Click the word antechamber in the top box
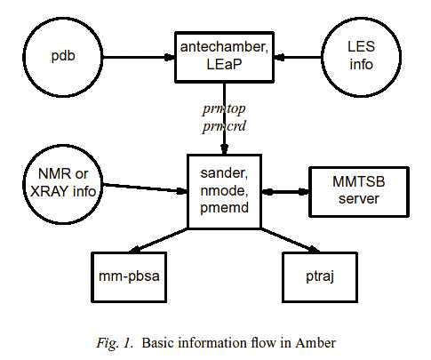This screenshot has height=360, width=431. (224, 47)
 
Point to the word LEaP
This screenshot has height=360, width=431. (224, 64)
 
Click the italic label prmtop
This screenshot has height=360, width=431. (224, 109)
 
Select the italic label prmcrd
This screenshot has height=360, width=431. (224, 126)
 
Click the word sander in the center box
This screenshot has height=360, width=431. (224, 173)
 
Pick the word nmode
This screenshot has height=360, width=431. (224, 190)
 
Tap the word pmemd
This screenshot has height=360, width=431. (224, 207)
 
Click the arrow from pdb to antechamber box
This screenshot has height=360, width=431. (139, 57)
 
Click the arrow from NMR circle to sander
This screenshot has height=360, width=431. (145, 188)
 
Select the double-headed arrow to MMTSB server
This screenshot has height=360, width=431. (285, 192)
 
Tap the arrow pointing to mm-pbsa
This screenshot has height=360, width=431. (158, 241)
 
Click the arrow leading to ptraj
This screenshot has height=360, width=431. (291, 241)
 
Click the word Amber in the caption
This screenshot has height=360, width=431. (315, 343)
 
